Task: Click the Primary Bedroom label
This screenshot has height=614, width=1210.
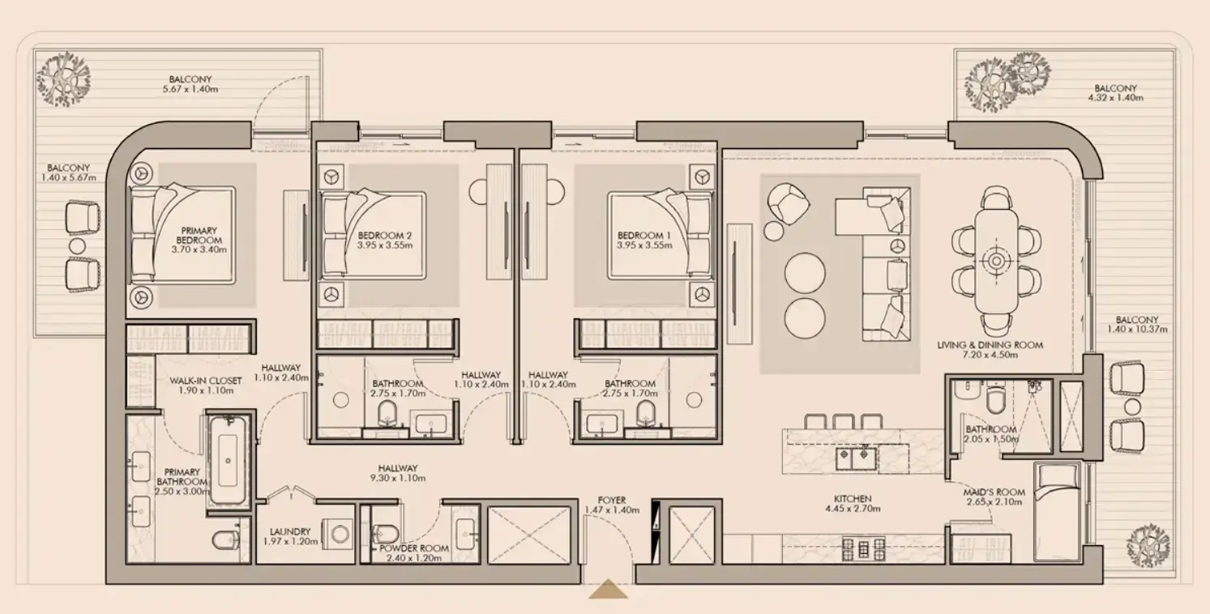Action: point(199,236)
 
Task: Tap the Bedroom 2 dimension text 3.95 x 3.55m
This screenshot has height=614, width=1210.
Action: point(385,245)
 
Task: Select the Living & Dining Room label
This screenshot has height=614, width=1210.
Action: point(990,345)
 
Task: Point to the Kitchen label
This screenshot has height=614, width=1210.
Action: point(853,499)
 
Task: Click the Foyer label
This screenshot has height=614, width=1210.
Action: point(612,501)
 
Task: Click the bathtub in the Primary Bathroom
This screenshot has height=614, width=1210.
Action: point(228,460)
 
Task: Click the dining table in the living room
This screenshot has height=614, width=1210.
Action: point(997,262)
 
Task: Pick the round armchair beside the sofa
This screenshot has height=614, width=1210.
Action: point(788,203)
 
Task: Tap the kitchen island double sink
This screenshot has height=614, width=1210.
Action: point(856,459)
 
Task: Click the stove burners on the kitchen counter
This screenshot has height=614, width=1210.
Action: point(863,549)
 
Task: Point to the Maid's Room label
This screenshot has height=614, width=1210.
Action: point(994,492)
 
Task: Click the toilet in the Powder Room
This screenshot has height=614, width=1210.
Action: point(386,533)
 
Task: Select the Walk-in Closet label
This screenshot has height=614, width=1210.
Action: point(205,381)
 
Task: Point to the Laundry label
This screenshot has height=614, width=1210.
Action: point(290,532)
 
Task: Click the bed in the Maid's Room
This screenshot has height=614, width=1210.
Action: point(1058,512)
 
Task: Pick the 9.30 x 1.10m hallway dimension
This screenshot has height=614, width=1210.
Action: point(398,479)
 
